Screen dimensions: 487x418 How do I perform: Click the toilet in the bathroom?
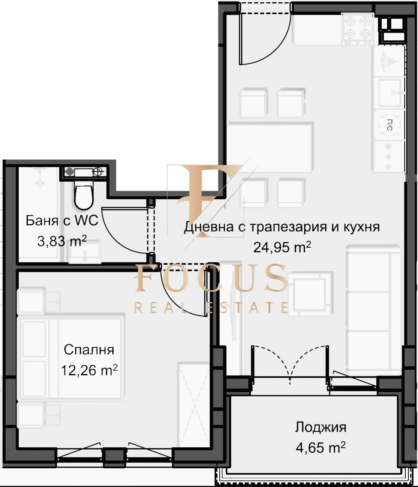click(83, 195)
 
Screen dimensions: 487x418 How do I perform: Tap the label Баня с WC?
click(62, 221)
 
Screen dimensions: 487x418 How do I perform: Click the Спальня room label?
click(89, 350)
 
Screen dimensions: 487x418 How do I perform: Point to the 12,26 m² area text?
click(89, 370)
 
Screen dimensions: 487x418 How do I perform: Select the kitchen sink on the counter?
click(389, 92)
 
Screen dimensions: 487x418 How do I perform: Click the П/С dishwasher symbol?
click(389, 125)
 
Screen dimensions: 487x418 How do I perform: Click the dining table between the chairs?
click(270, 147)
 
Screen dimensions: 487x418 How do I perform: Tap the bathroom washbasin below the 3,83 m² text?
click(84, 253)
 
